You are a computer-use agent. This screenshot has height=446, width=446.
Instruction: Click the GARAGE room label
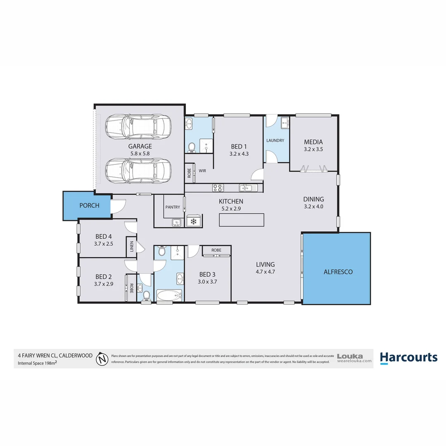coord(140,146)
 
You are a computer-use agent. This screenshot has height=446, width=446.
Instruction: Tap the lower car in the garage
coord(138,169)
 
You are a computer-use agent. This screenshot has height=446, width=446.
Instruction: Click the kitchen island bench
coord(242,220)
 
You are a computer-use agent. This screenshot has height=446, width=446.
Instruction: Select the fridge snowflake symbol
coord(193,222)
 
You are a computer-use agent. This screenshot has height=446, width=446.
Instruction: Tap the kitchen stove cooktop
coord(218,188)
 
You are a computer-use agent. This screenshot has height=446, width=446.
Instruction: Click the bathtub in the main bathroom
coord(169,295)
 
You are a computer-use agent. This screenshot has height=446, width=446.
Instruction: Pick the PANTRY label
coord(173,207)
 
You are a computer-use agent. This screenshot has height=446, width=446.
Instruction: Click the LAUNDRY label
coord(275,140)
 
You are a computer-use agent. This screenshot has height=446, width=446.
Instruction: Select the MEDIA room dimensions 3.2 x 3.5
coord(313,150)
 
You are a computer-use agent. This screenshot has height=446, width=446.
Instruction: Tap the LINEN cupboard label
coord(132,247)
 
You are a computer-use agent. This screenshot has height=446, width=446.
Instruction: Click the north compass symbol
coord(102,359)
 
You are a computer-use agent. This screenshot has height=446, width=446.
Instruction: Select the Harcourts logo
coord(408,358)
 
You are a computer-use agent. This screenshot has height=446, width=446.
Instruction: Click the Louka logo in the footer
coord(354,358)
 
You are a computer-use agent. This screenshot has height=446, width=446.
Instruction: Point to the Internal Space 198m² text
coord(37,363)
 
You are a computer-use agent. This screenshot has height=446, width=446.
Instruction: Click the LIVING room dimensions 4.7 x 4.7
coord(265,272)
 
